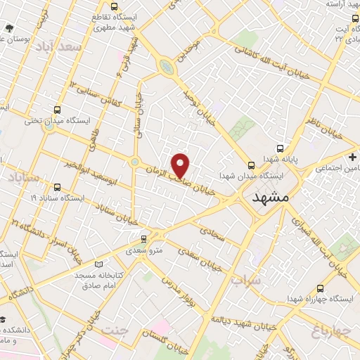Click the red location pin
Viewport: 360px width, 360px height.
[x=181, y=165]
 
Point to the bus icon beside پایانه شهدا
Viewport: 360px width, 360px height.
[x=281, y=148]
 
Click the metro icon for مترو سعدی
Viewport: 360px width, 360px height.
[x=144, y=238]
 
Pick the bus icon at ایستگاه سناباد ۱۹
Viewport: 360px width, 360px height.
[x=57, y=187]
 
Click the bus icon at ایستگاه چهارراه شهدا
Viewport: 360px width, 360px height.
[x=321, y=288]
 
